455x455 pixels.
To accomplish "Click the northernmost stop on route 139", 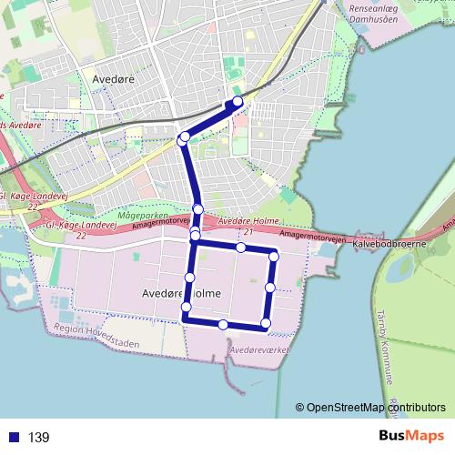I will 238,101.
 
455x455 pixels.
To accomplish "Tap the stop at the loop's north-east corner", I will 273,257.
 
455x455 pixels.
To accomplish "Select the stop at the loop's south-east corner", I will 266,323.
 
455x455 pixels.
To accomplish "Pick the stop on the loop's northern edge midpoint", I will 240,248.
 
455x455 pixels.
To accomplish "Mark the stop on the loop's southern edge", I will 223,324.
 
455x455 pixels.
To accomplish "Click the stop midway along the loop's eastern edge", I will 270,288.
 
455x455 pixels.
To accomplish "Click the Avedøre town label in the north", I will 115,79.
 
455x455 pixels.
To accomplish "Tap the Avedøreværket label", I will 260,349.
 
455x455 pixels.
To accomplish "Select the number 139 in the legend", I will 39,438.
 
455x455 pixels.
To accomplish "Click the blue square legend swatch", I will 14,438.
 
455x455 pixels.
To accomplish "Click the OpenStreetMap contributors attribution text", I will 376,408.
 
